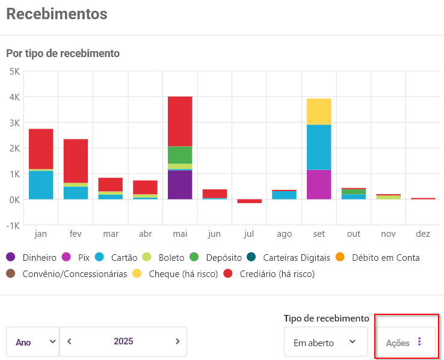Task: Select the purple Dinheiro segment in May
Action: pyautogui.click(x=180, y=185)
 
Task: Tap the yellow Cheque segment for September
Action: pyautogui.click(x=319, y=111)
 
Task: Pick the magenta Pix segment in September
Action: pyautogui.click(x=319, y=185)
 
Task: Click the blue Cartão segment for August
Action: pyautogui.click(x=284, y=195)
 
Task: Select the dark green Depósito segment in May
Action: pyautogui.click(x=180, y=154)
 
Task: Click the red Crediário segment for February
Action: pyautogui.click(x=76, y=160)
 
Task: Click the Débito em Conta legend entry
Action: pyautogui.click(x=379, y=258)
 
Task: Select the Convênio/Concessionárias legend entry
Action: pyautogui.click(x=68, y=274)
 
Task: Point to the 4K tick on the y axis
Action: pyautogui.click(x=14, y=97)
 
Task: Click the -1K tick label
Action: pyautogui.click(x=13, y=225)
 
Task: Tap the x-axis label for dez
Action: pyautogui.click(x=423, y=233)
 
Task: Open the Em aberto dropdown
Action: pyautogui.click(x=325, y=343)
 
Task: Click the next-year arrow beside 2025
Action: pyautogui.click(x=177, y=341)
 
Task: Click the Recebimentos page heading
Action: pyautogui.click(x=57, y=13)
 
